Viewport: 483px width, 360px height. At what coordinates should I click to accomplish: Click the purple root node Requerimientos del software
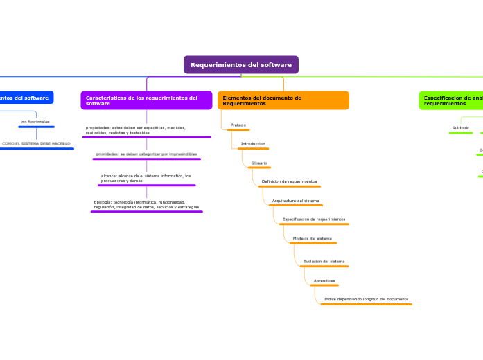coord(240,64)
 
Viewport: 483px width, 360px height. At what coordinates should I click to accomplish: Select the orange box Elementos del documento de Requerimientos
coord(283,100)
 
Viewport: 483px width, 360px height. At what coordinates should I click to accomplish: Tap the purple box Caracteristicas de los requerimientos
coord(146,100)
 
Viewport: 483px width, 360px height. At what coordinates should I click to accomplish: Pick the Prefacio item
coord(238,125)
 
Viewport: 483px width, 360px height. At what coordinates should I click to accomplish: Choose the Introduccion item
coord(252,143)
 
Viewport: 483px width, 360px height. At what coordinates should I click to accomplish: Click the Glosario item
coord(259,163)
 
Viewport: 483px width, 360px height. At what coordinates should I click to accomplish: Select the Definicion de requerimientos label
coord(289,181)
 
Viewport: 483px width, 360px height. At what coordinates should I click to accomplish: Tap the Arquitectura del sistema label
coord(295,200)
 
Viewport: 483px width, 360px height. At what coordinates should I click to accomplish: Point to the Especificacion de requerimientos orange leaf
coord(313,219)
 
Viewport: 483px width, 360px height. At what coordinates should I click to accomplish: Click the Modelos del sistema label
coord(312,237)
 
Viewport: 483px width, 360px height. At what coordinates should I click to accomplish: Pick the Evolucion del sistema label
coord(324,261)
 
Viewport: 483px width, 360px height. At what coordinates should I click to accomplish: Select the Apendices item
coord(324,280)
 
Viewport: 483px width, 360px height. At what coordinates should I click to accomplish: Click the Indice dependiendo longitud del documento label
coord(366,299)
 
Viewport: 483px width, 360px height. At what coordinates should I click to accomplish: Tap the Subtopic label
coord(460,127)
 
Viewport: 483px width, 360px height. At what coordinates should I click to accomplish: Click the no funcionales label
coord(35,122)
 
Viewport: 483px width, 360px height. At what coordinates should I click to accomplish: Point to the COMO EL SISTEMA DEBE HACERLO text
coord(36,143)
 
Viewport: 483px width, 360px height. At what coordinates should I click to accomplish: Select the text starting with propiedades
coord(135,130)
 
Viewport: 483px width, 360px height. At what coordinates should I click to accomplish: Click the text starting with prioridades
coord(146,154)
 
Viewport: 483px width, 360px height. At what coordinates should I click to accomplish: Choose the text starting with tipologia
coord(146,204)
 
